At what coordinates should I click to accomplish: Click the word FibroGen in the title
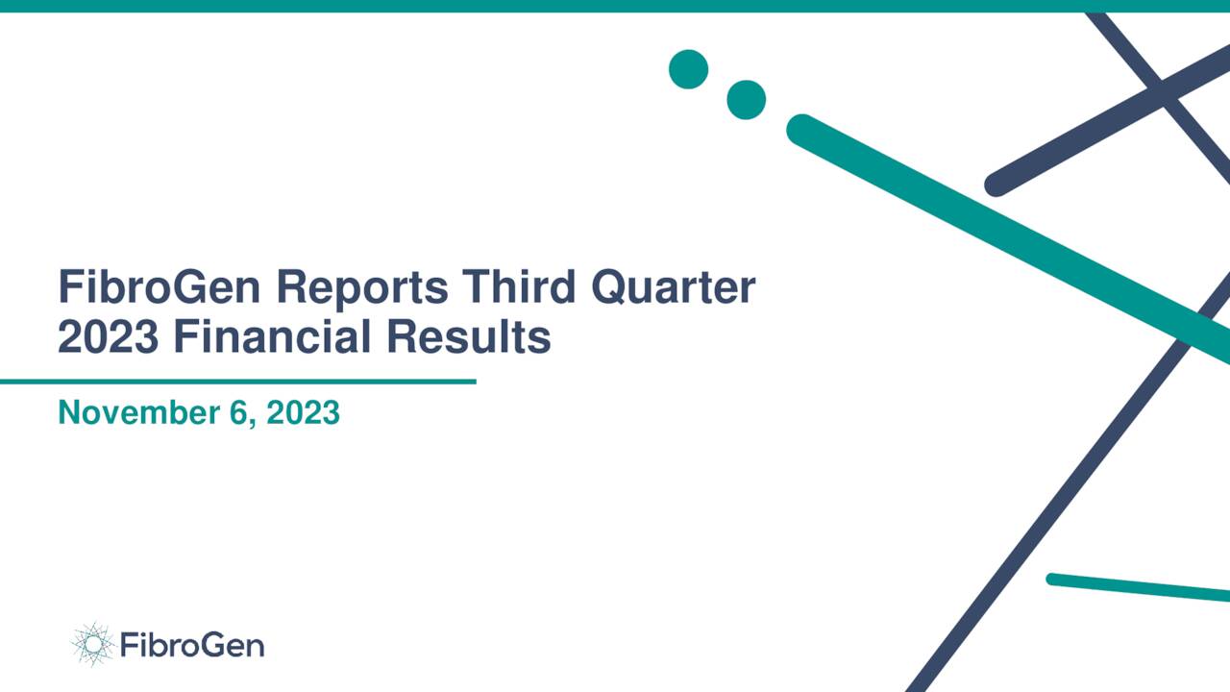(x=154, y=287)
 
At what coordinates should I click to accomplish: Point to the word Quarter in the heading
(x=674, y=287)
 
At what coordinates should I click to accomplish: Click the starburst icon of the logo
(x=92, y=644)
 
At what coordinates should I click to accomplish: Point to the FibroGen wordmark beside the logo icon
(x=192, y=645)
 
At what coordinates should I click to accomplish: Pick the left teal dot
(x=688, y=69)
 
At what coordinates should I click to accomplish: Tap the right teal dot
(x=746, y=100)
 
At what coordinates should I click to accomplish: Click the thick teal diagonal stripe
(x=1009, y=235)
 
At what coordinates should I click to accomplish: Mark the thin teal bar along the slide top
(x=615, y=6)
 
